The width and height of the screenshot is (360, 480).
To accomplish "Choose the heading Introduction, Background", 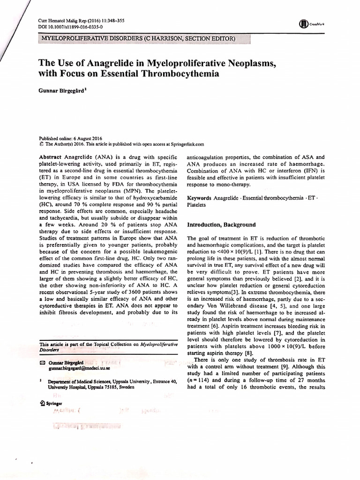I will [221, 225].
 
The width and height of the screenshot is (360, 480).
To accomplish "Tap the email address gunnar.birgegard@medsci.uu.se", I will [78, 370].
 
